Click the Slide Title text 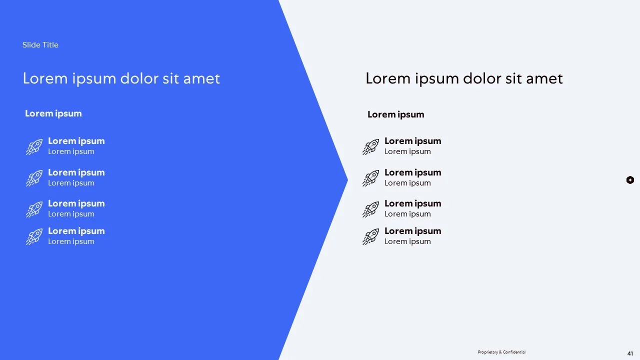coord(40,45)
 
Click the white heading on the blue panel coord(121,78)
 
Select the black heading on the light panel coord(464,78)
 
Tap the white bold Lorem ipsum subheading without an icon coord(53,113)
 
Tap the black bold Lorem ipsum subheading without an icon coord(395,114)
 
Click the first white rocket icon coord(34,147)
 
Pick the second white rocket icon coord(34,178)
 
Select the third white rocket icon coord(34,209)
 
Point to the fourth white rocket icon coord(34,236)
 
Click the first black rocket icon coord(370,147)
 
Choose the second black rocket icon coord(370,178)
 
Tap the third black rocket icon coord(370,209)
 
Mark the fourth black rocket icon coord(370,236)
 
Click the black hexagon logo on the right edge coord(630,180)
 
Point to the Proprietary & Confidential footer coord(501,352)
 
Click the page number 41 coord(630,353)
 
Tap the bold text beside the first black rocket coord(412,141)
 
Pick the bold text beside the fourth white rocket coord(76,231)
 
